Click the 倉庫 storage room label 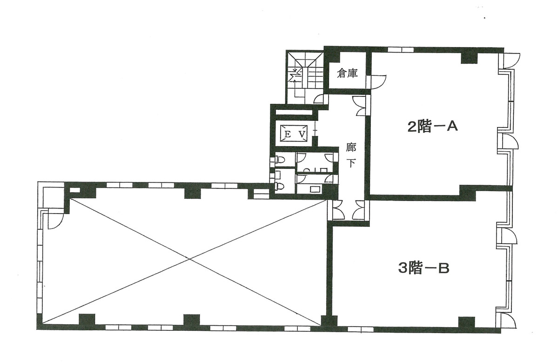(347, 74)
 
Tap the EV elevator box (294, 134)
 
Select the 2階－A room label (432, 127)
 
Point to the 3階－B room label (424, 268)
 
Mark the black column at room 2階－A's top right (469, 57)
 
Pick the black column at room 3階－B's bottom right (466, 322)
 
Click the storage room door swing (378, 81)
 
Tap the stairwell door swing (319, 99)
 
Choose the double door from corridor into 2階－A (360, 106)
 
